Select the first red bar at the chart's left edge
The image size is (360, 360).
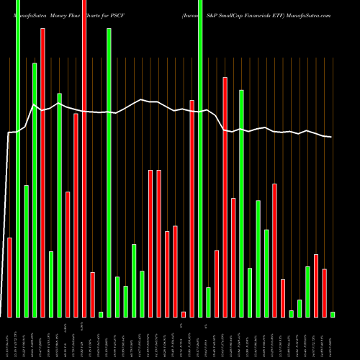9,277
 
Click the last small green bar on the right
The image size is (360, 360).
333,315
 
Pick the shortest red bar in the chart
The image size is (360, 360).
184,314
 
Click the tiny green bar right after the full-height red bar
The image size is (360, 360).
101,314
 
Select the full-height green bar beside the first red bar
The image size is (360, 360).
18,158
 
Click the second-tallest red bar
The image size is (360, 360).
42,173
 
